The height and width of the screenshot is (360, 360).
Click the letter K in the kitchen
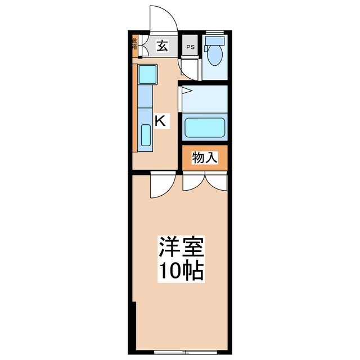[161, 120]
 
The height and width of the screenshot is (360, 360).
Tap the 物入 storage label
[204, 159]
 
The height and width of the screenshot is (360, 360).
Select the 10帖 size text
[181, 272]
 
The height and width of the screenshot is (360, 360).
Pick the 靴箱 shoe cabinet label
[134, 44]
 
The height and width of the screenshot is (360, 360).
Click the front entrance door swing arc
[163, 17]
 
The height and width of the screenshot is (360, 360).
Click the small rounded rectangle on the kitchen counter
[145, 136]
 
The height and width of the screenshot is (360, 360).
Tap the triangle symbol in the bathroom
[187, 91]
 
